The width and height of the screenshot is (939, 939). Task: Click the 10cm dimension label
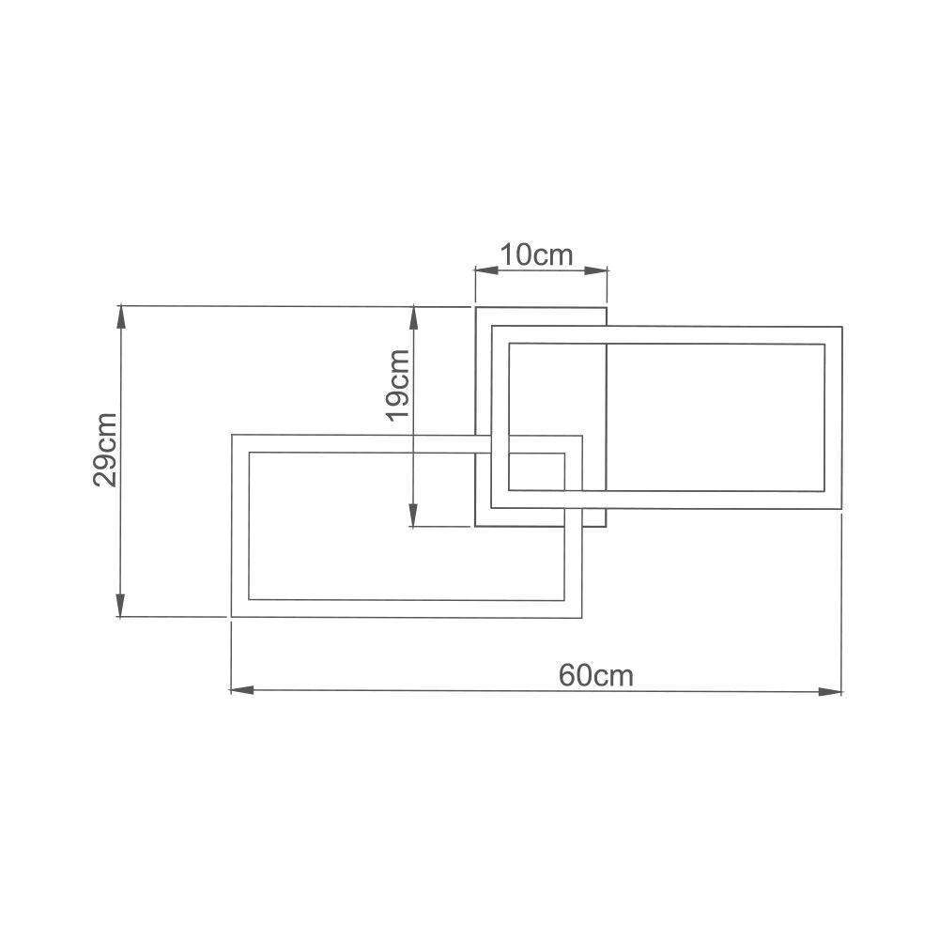point(535,254)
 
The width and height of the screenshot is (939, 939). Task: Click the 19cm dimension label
point(397,385)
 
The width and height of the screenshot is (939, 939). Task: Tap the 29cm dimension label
point(105,449)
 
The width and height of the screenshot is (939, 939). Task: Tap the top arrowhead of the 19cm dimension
point(413,317)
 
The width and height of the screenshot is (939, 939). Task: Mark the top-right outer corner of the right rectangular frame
point(841,327)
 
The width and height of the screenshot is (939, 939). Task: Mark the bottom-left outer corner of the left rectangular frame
point(231,617)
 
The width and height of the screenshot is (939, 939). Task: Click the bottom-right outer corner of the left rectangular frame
point(582,617)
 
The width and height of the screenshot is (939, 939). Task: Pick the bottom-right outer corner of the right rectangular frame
point(841,509)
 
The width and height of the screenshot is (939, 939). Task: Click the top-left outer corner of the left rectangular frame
point(231,435)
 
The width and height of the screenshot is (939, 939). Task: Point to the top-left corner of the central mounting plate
point(475,307)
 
